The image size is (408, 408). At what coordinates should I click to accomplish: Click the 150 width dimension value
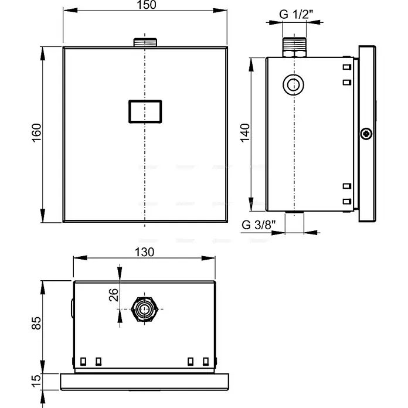146,5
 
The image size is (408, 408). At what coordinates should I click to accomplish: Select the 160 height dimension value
36,132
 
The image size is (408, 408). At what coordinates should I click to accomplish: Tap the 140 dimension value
244,133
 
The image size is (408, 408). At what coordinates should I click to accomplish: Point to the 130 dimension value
144,252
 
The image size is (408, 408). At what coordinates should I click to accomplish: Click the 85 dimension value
36,323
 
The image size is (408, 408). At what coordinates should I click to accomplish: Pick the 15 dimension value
36,380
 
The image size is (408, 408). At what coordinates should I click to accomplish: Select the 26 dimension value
114,295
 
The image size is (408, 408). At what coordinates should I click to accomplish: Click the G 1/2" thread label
296,14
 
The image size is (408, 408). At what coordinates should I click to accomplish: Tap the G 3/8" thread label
259,225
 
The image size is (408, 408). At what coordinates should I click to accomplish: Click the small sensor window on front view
145,111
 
